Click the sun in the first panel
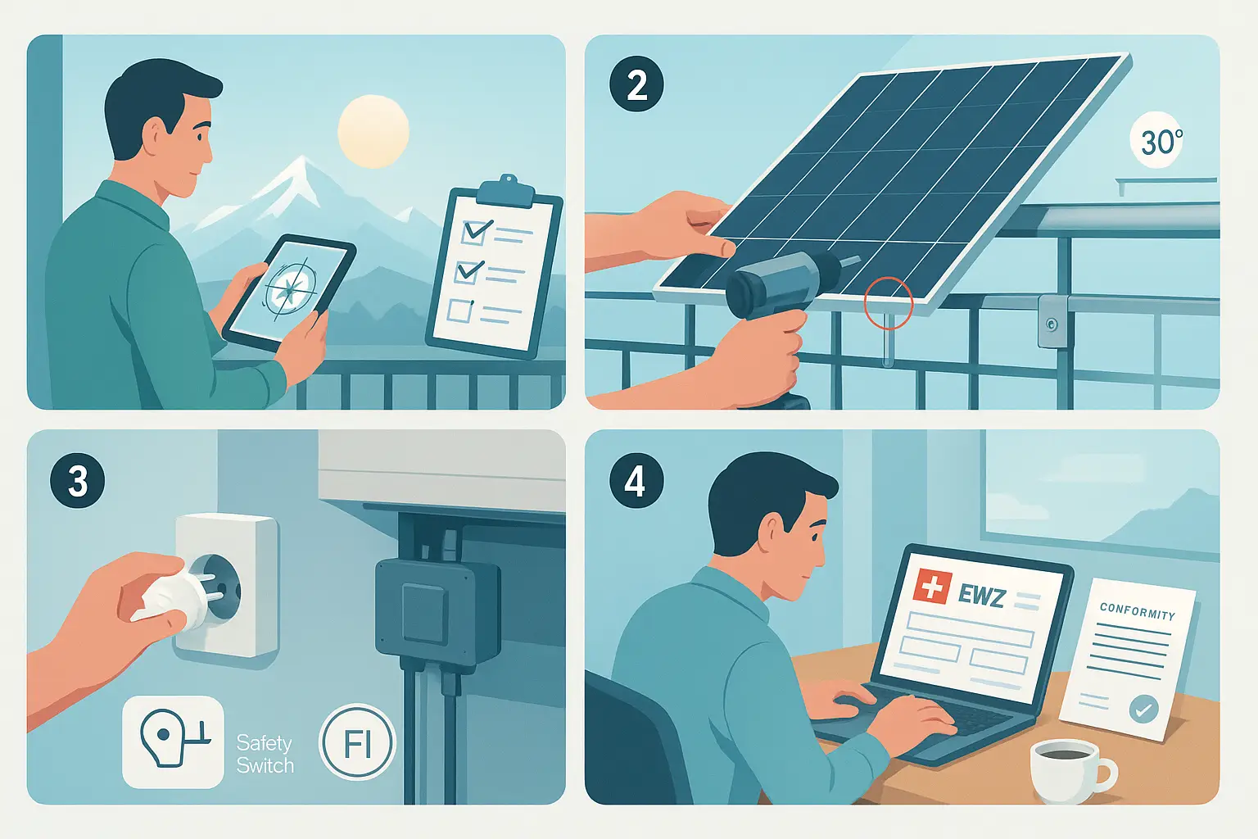pos(373,131)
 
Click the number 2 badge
pos(636,85)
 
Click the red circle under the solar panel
pos(889,303)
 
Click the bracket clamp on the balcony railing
pos(1052,322)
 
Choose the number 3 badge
pos(78,481)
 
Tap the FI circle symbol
pos(357,742)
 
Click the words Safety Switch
pos(265,754)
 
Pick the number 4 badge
pos(636,481)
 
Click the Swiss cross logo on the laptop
pos(932,587)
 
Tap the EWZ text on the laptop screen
pos(980,596)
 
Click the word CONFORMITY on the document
pos(1138,611)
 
